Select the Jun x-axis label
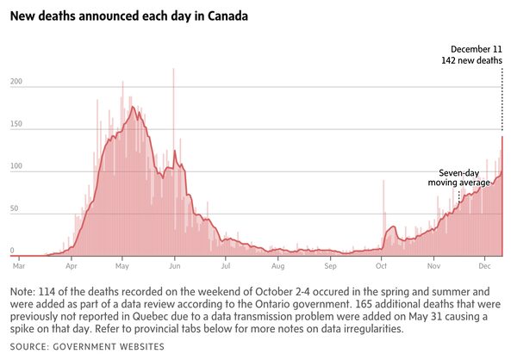click(174, 268)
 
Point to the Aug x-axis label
click(277, 268)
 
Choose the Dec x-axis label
click(486, 268)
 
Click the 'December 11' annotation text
click(477, 49)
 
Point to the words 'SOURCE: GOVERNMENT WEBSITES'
click(87, 346)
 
